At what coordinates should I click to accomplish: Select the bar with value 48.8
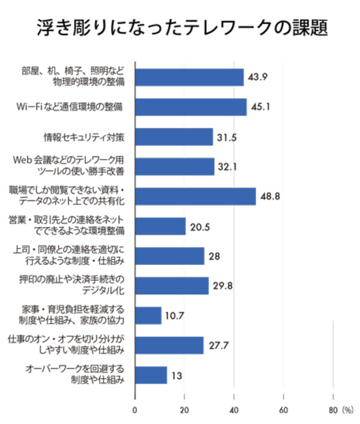tap(195, 196)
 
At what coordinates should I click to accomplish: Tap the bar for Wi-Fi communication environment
tap(190, 107)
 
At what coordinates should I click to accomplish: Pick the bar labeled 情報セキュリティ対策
tap(173, 137)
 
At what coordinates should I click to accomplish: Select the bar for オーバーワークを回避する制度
tap(151, 375)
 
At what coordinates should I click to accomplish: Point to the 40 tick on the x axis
tap(234, 412)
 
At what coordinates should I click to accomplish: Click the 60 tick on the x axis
tap(283, 412)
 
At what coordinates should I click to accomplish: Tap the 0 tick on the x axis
tap(135, 412)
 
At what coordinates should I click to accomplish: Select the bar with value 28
tap(170, 256)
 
